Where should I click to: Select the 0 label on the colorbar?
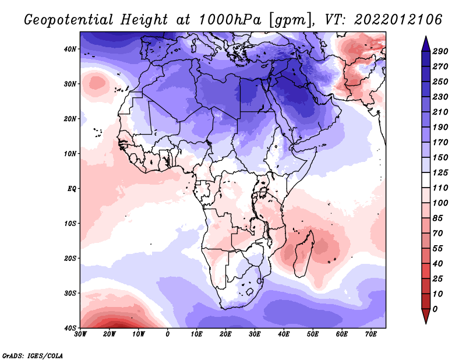444,308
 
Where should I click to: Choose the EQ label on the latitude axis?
71,189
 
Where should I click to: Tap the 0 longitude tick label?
168,334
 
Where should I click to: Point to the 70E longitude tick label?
371,334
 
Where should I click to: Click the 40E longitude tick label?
284,334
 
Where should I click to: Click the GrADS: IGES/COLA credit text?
33,355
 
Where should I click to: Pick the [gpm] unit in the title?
285,19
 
